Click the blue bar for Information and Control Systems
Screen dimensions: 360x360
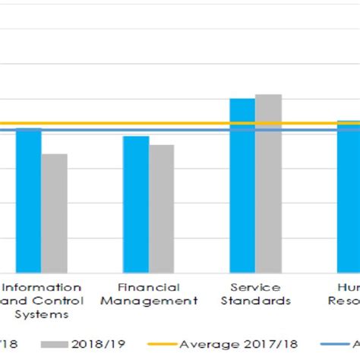(x=28, y=201)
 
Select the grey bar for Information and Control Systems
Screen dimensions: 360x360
(x=54, y=213)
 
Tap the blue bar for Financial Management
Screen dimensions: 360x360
(x=136, y=204)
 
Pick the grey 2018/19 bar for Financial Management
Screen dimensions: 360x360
(x=161, y=209)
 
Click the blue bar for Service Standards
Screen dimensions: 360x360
(x=242, y=185)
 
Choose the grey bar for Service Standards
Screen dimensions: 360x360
(x=268, y=183)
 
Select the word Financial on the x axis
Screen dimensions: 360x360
(x=149, y=287)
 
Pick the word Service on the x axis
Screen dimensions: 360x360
(x=255, y=287)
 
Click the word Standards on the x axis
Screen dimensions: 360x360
(x=255, y=300)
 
